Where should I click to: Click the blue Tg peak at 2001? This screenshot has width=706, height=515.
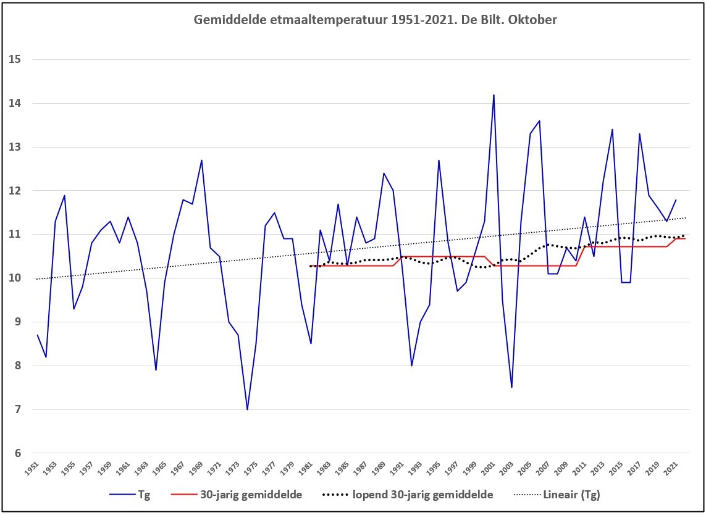tap(494, 95)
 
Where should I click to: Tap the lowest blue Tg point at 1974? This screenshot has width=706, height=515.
tap(247, 409)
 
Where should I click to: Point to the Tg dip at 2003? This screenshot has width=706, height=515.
tap(512, 387)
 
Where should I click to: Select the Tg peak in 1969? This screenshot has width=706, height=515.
tap(202, 161)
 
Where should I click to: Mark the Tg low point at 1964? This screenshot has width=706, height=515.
tap(156, 370)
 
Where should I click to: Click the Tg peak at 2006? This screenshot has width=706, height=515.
tap(539, 120)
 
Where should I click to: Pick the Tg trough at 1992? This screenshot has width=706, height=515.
tap(411, 366)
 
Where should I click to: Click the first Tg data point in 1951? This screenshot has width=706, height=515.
tap(38, 335)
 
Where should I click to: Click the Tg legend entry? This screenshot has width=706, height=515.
tap(130, 495)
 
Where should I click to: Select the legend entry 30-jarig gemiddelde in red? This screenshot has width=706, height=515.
tap(237, 495)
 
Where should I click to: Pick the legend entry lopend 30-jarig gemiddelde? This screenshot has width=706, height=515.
tap(408, 495)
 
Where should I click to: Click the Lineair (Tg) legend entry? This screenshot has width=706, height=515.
tap(557, 495)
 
